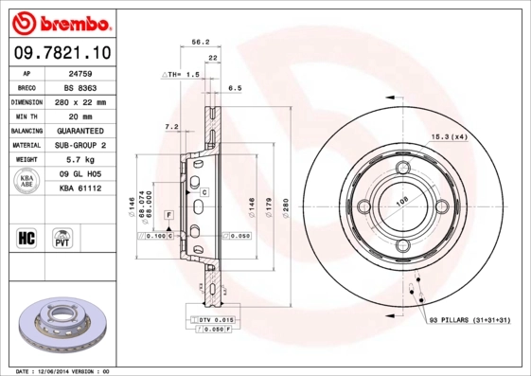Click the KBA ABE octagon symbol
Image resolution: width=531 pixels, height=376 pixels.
pos(27,183)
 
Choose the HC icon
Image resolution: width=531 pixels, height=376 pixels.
pos(27,237)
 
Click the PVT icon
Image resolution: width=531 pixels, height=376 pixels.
pos(62,237)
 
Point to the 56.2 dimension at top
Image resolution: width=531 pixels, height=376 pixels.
pos(201,42)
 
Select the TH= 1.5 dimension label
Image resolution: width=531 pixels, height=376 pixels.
pos(186,73)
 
